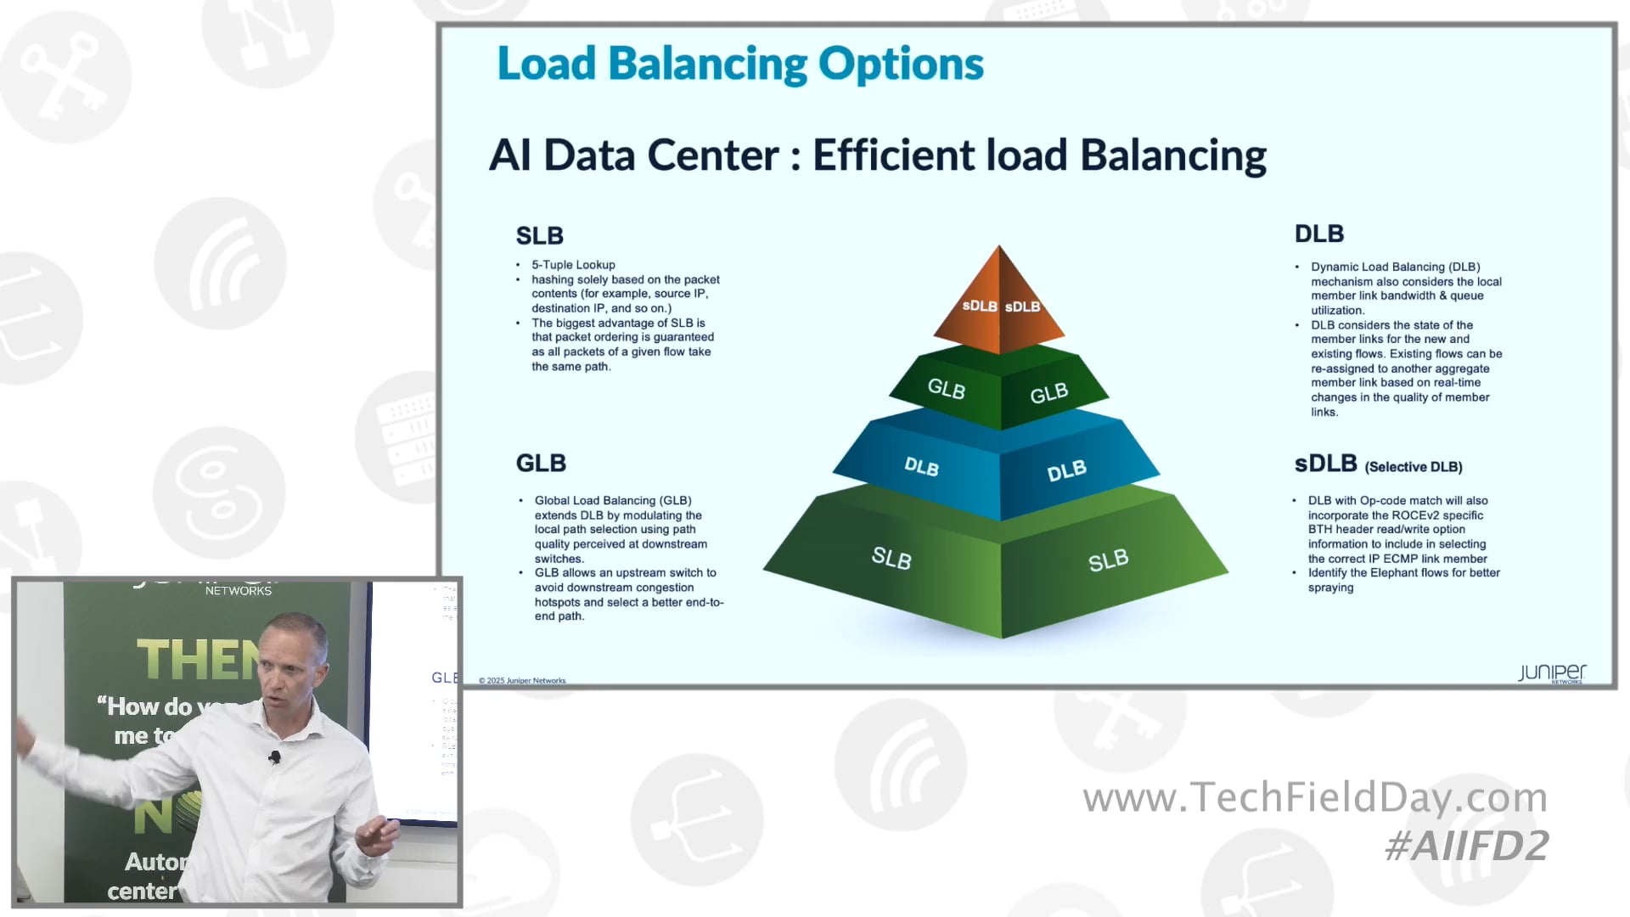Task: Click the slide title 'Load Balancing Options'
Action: click(739, 64)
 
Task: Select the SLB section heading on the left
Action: click(539, 235)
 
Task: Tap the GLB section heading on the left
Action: click(541, 463)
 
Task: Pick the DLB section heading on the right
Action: click(1318, 233)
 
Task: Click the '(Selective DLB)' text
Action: click(1413, 467)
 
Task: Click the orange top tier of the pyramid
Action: click(999, 301)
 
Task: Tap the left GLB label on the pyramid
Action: click(946, 389)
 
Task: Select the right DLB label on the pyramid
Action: click(1066, 470)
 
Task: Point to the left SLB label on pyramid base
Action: click(891, 558)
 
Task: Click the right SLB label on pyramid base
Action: click(1108, 560)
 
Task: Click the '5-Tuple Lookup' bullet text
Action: click(573, 265)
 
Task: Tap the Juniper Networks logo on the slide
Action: click(1551, 673)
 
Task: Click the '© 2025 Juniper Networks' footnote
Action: click(522, 680)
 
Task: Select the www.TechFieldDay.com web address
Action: click(1314, 797)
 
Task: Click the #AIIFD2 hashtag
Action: click(1466, 846)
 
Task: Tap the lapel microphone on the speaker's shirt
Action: click(274, 756)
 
